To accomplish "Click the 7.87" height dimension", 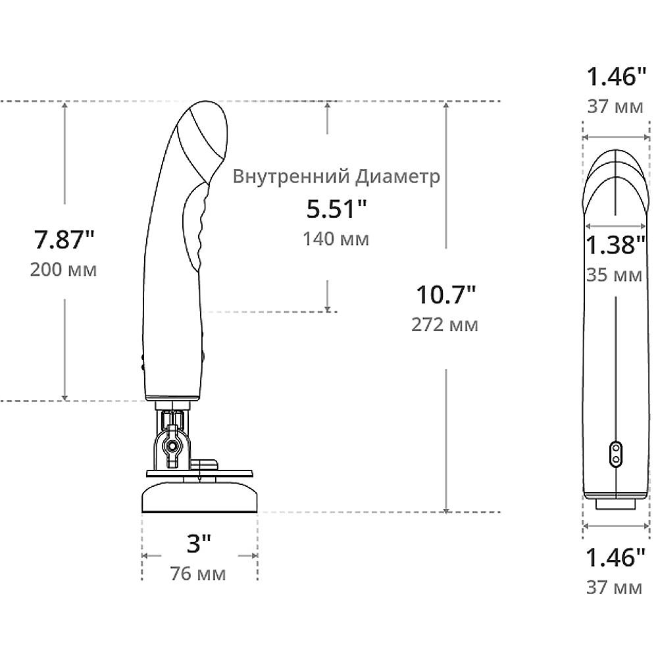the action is click(x=64, y=240).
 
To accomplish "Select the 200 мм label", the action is click(x=63, y=269).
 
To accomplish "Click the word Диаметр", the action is click(x=397, y=176).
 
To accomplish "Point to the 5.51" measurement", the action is click(x=336, y=209).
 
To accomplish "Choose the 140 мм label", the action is click(x=336, y=240).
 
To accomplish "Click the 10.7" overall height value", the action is click(x=446, y=295).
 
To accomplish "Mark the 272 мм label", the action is click(x=445, y=325).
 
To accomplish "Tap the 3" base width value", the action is click(x=199, y=544).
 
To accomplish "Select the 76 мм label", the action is click(x=198, y=573).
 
